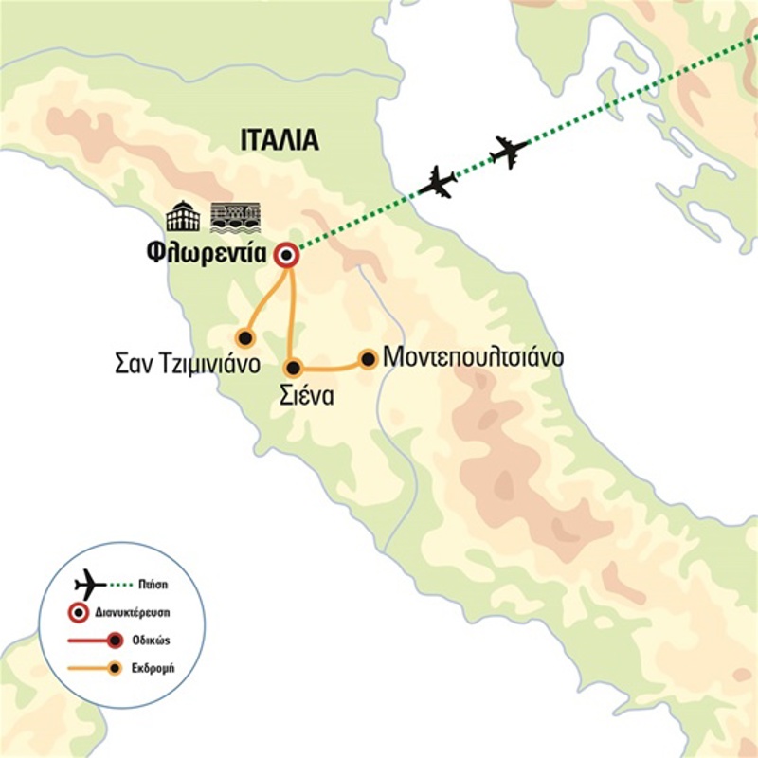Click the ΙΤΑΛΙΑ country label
[278, 143]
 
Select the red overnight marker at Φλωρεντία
[286, 257]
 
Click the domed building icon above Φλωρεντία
[183, 217]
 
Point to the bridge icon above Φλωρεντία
[234, 217]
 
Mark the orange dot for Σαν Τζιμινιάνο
[245, 337]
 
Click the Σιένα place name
[305, 396]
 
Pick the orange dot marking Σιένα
[294, 368]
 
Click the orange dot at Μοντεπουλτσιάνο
[368, 359]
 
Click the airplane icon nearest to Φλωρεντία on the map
[438, 182]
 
